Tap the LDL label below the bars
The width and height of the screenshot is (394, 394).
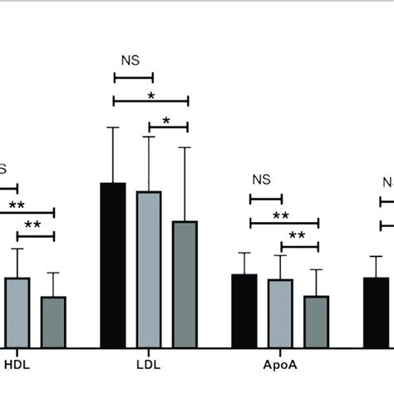pyautogui.click(x=148, y=364)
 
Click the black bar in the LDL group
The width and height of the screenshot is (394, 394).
pyautogui.click(x=113, y=265)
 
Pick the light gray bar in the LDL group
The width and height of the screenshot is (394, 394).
pyautogui.click(x=149, y=269)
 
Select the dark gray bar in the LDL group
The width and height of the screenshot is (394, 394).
pyautogui.click(x=185, y=284)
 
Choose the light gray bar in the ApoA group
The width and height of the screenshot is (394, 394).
pyautogui.click(x=280, y=313)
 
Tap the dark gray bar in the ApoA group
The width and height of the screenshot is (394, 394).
pyautogui.click(x=317, y=322)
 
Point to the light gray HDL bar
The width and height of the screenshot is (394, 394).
pyautogui.click(x=17, y=313)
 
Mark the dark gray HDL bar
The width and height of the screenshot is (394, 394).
pyautogui.click(x=53, y=322)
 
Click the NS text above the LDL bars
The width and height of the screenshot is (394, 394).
pyautogui.click(x=130, y=60)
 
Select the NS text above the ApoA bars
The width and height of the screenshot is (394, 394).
pyautogui.click(x=262, y=179)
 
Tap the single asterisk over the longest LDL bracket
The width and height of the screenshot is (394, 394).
pyautogui.click(x=151, y=96)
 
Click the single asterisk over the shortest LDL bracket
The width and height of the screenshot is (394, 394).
pyautogui.click(x=166, y=121)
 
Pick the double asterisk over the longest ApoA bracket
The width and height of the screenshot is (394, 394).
pyautogui.click(x=281, y=216)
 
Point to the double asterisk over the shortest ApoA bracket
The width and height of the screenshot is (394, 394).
pyautogui.click(x=298, y=236)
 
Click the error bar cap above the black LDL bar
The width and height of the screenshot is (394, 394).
pyautogui.click(x=113, y=127)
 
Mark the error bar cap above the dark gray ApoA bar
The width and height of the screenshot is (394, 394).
pyautogui.click(x=317, y=269)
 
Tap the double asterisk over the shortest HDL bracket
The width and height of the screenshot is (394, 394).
pyautogui.click(x=33, y=225)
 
